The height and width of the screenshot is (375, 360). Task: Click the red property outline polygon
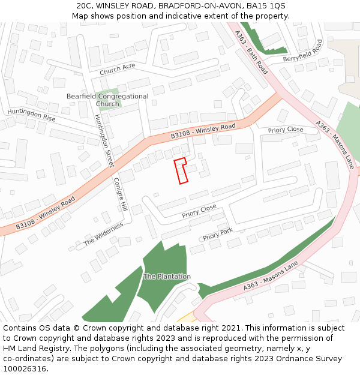(180, 171)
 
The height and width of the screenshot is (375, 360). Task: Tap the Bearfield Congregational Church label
(107, 100)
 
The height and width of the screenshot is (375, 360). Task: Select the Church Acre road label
(118, 69)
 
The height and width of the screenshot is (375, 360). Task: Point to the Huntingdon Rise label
(31, 115)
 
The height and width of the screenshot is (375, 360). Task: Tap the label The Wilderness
(103, 234)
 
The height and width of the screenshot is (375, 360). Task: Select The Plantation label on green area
(167, 277)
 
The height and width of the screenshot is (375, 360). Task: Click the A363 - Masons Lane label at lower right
(271, 280)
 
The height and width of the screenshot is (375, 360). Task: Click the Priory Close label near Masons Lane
(286, 130)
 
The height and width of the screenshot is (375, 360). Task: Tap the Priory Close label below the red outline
(199, 211)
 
